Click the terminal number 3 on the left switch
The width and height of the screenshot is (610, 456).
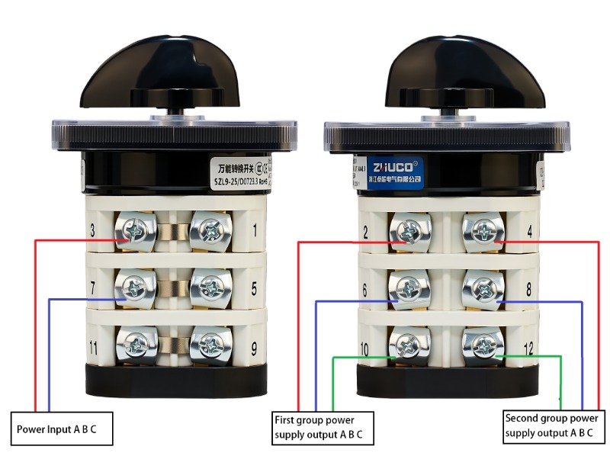tap(92, 230)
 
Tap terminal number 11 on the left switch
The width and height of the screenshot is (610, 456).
tap(92, 348)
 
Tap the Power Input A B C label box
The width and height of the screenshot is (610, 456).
tap(62, 429)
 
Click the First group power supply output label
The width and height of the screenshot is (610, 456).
tap(323, 428)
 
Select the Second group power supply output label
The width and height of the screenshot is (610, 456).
tap(551, 426)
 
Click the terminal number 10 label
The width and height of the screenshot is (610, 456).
tap(364, 350)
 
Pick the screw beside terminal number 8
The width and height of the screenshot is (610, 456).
tap(483, 288)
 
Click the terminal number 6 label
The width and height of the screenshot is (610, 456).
tap(365, 291)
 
